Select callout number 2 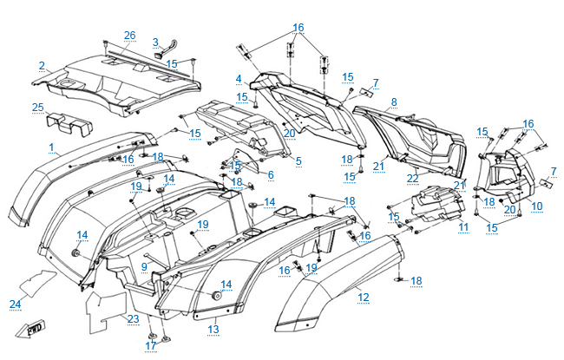tap(42, 65)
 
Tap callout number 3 tap(155, 41)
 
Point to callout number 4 tap(238, 79)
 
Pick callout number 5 tap(298, 160)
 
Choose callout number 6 tap(270, 174)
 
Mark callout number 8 tap(394, 101)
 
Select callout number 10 tap(537, 206)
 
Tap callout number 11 tap(463, 226)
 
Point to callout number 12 tap(363, 297)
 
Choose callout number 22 tap(413, 178)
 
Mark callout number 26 tap(129, 36)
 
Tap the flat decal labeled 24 tap(37, 281)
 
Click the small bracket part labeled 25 tap(67, 125)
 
